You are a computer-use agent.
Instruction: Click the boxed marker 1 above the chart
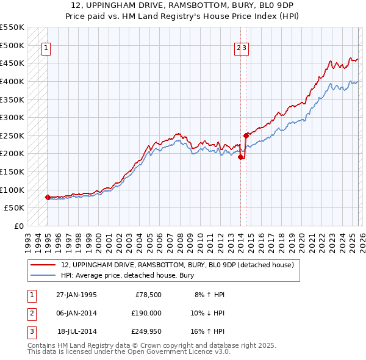pos(46,50)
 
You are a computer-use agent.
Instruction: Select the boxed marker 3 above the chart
pos(245,50)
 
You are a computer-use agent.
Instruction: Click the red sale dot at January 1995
pos(48,197)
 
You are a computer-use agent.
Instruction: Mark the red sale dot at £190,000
pos(240,157)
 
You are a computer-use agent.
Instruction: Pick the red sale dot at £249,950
pos(245,135)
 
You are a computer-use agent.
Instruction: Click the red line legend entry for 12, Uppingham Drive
pos(178,265)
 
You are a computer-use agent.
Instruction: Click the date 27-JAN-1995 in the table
pos(76,295)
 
